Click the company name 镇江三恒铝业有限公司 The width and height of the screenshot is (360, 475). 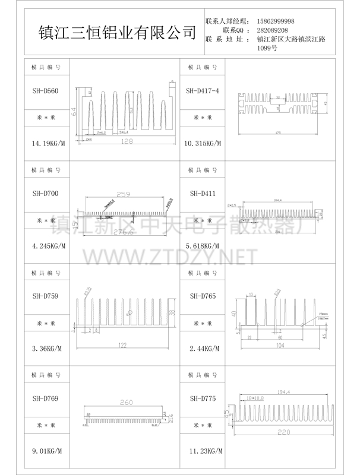point(116,31)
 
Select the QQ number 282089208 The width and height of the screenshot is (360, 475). point(273,30)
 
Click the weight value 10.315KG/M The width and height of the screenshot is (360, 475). point(202,144)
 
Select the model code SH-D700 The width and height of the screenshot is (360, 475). point(45,194)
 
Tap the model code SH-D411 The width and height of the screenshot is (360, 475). point(202,194)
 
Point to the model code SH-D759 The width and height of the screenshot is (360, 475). point(45,296)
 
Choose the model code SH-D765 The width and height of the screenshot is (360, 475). point(202,296)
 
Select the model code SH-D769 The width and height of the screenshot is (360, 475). point(45,398)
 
